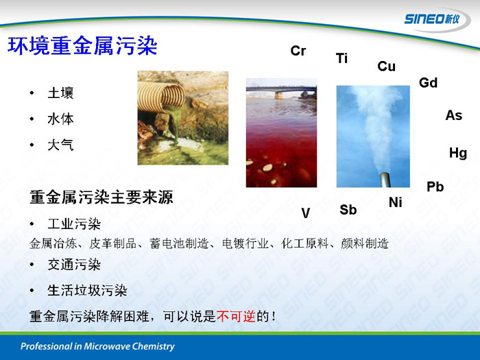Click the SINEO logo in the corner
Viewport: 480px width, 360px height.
[432, 19]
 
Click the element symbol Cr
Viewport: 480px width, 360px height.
[298, 51]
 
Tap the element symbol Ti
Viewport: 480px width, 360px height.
[341, 58]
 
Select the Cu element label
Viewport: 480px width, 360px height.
[386, 66]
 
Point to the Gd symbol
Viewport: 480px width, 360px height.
[429, 83]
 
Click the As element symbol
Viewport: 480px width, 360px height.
[454, 115]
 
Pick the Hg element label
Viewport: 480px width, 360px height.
[458, 153]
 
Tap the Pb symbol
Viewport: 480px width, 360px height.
[435, 187]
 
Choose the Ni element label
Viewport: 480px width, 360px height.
[395, 202]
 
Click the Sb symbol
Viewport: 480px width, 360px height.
[348, 210]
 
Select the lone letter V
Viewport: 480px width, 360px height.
[306, 213]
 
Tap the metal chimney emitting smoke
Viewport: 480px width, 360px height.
[385, 180]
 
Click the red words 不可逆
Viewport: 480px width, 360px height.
[236, 316]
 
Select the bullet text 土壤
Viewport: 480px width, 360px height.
[60, 93]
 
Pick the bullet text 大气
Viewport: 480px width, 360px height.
[60, 145]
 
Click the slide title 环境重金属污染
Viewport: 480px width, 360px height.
[82, 46]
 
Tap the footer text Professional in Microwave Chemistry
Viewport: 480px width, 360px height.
[97, 346]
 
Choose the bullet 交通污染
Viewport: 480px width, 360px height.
[74, 265]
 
